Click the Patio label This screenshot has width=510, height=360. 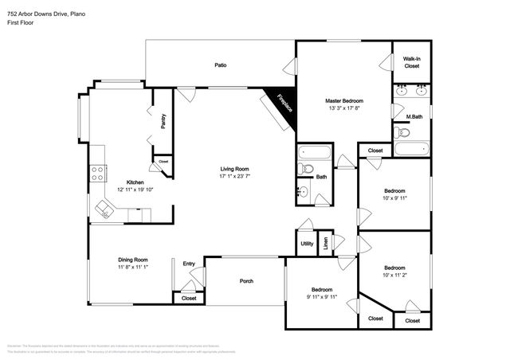coord(220,65)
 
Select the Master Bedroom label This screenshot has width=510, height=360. coord(343,101)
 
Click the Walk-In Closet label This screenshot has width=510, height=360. coord(411,62)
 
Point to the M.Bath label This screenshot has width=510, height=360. coord(414,117)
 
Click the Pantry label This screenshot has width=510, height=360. coord(163,121)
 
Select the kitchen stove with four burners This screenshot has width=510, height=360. coord(98,174)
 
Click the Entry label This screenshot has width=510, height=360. coord(189,264)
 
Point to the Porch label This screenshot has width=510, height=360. coord(246,281)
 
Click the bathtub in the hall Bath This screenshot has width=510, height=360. coord(312,153)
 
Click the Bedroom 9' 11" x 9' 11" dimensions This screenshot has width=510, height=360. coord(322,297)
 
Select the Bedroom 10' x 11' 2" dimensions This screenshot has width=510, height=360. coord(394,276)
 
